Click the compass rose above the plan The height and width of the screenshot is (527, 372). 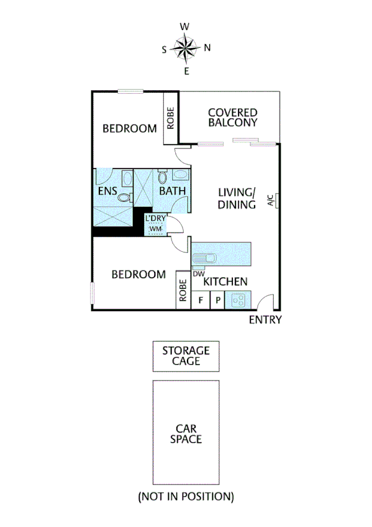(186, 48)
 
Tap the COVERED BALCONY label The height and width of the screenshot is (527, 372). (232, 117)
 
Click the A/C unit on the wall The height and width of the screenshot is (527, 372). (272, 201)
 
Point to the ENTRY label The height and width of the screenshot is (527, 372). (265, 320)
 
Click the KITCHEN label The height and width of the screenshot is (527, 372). (226, 282)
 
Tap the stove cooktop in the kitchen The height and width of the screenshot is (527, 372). (237, 300)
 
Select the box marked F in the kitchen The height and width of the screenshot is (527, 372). (201, 300)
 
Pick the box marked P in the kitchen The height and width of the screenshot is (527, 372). (218, 300)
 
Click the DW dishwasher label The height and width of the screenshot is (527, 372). (199, 273)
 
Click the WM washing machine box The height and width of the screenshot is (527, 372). (155, 229)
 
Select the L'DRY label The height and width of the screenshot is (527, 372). (155, 219)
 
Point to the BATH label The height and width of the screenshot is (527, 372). (172, 191)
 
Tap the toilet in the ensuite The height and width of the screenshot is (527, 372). (125, 198)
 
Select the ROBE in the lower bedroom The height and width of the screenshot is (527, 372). (183, 290)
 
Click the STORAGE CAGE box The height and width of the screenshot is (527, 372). (186, 356)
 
